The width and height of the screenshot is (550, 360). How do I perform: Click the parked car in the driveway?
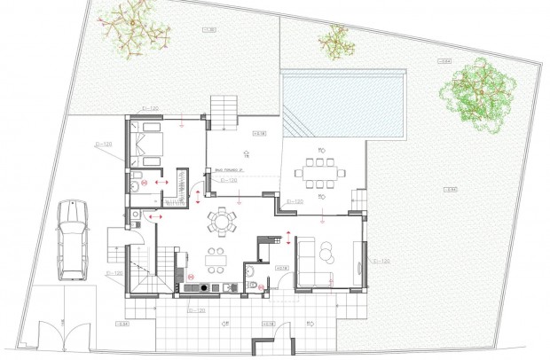point(72,239)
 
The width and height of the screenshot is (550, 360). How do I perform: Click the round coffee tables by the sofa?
point(328,254)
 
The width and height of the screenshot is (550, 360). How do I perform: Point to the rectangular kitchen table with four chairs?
point(215,258)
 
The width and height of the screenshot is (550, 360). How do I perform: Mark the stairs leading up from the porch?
point(224,111)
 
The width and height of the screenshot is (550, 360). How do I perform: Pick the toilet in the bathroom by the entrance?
point(253,284)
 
